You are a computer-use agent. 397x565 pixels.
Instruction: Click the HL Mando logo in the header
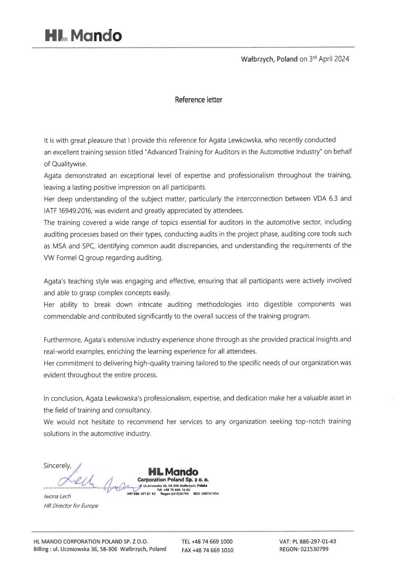coord(83,36)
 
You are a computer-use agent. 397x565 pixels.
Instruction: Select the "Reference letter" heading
coord(198,100)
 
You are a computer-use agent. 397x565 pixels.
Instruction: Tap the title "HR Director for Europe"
coord(71,506)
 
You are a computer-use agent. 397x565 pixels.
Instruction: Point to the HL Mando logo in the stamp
coord(173,472)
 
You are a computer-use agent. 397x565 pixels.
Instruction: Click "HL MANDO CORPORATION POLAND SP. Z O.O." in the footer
coord(91,542)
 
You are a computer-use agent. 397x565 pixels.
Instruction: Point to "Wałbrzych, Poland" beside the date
coord(269,59)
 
